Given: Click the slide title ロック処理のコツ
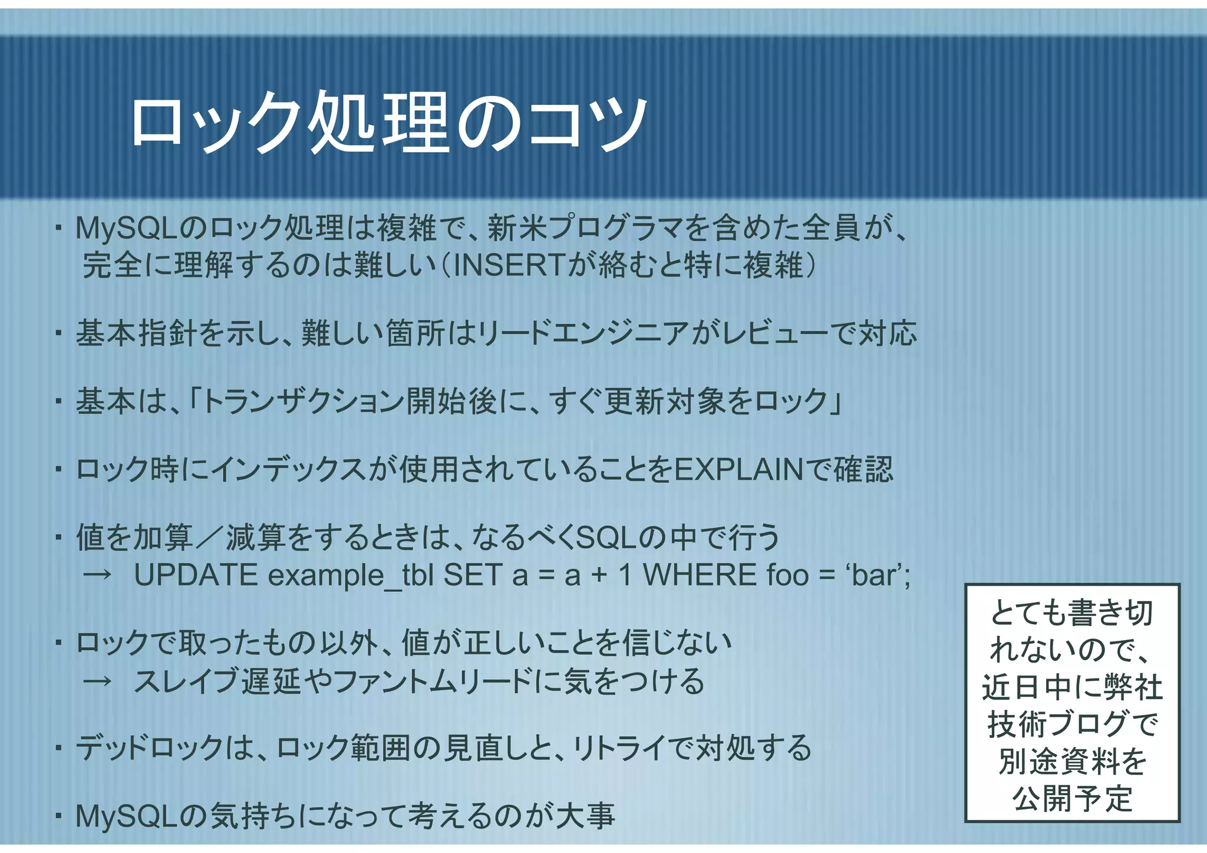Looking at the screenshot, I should pos(389,123).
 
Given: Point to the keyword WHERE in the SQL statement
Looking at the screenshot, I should pos(700,575).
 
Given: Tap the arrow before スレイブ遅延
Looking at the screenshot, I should pos(97,681).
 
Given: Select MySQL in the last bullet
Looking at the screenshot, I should pos(127,816).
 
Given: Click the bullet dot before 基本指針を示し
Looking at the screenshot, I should pos(58,334).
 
